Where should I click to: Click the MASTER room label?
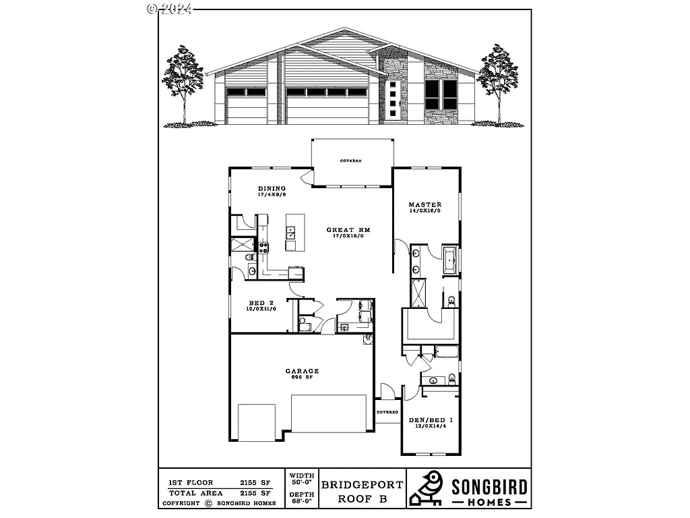[x=425, y=204]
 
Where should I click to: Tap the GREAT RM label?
[x=348, y=230]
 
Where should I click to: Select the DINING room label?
[x=272, y=188]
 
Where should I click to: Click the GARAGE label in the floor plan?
[x=302, y=371]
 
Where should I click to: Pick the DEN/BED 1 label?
[x=431, y=421]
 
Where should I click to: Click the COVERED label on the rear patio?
[x=350, y=161]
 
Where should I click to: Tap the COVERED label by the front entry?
[x=387, y=412]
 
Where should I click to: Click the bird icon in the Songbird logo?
[x=427, y=488]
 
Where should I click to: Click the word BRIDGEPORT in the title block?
[x=362, y=484]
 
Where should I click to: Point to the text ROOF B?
[x=362, y=500]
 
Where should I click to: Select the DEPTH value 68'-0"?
[x=302, y=502]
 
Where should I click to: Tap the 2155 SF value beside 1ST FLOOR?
[x=257, y=482]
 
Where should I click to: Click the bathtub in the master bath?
[x=450, y=259]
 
